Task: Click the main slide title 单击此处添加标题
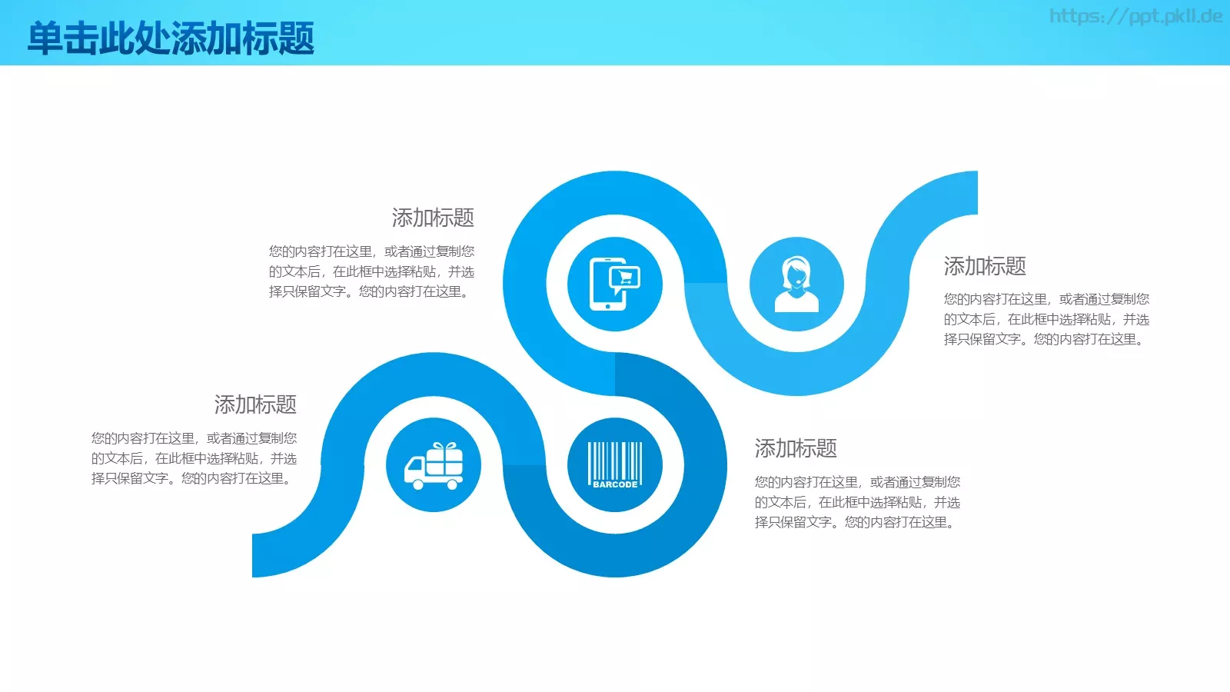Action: click(171, 38)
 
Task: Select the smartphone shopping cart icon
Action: click(614, 284)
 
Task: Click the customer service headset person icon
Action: click(796, 284)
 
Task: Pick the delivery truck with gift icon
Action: click(434, 466)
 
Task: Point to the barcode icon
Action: click(614, 464)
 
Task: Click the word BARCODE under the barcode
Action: click(615, 484)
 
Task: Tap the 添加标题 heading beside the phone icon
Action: click(433, 218)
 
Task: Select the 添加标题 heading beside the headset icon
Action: click(985, 266)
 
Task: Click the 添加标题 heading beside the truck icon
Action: click(255, 404)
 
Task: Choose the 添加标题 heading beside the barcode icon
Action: click(796, 448)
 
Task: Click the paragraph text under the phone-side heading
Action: click(371, 271)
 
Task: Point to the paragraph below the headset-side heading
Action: click(1046, 319)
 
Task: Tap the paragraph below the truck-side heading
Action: click(194, 458)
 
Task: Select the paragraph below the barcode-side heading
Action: click(857, 502)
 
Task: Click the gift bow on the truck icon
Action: click(444, 447)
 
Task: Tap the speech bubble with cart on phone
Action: click(624, 277)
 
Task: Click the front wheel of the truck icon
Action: click(417, 484)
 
